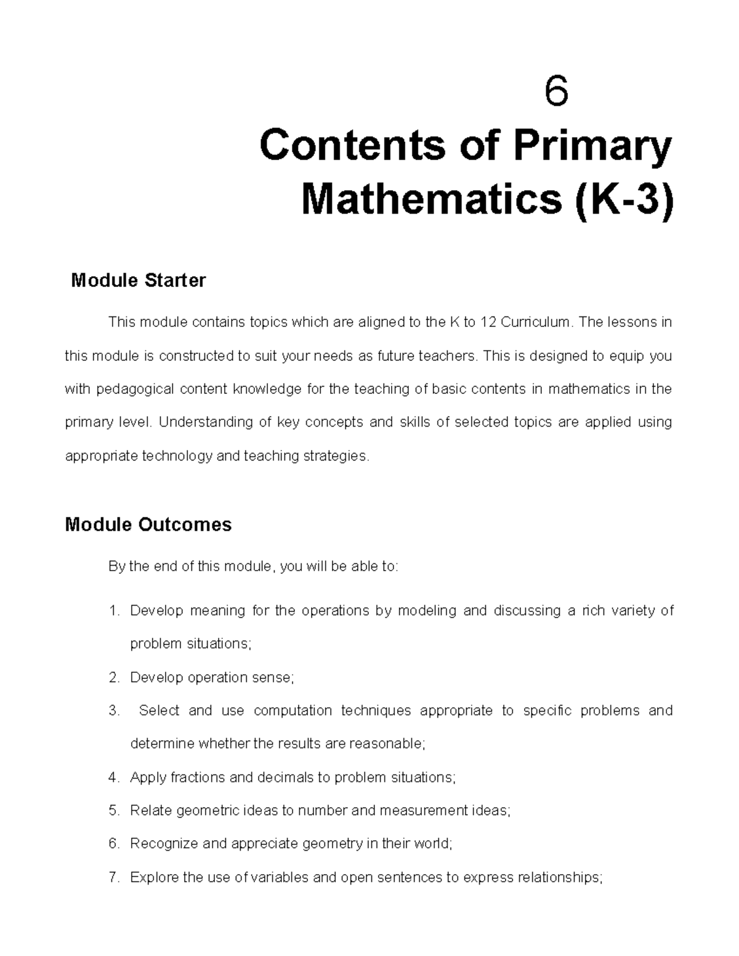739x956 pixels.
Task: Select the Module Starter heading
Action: (139, 281)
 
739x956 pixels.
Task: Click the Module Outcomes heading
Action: (148, 524)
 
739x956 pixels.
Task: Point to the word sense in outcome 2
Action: (273, 678)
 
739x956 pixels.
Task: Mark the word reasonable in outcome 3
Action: (387, 744)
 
